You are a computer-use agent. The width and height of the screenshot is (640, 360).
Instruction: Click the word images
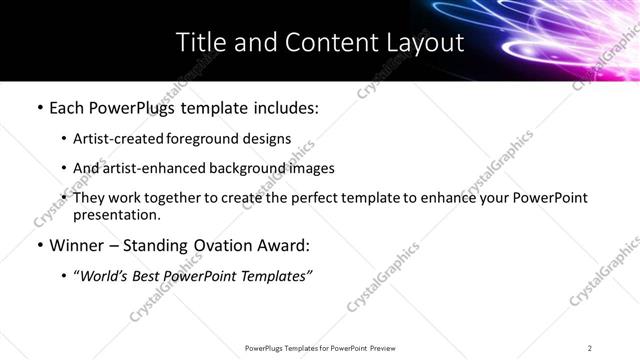312,168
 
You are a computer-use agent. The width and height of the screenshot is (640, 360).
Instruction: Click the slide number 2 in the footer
590,348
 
